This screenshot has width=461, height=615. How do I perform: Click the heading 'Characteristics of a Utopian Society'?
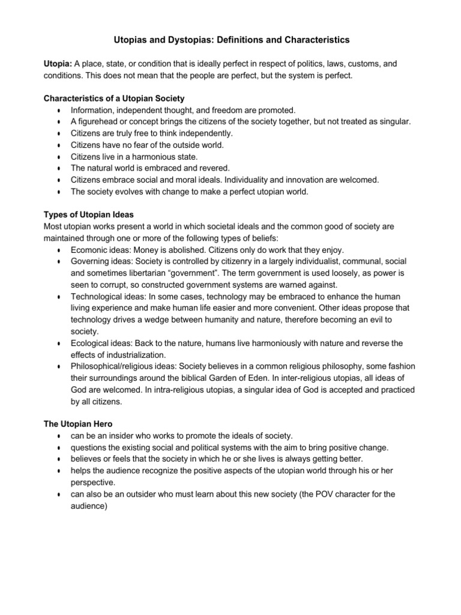(x=113, y=98)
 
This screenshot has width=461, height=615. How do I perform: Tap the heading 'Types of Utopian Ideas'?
(x=85, y=216)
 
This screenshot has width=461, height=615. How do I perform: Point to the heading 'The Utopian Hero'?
(x=77, y=423)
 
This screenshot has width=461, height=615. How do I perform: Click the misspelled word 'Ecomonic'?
(x=90, y=250)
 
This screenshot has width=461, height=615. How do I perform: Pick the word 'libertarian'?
(x=139, y=273)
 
